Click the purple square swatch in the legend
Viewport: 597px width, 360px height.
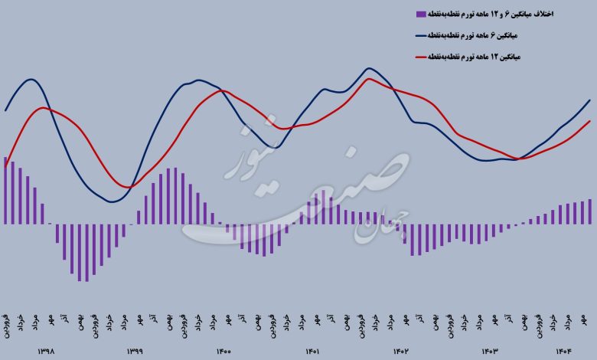click(x=419, y=14)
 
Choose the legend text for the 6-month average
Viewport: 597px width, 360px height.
click(x=501, y=36)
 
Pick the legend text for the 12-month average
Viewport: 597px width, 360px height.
click(x=501, y=57)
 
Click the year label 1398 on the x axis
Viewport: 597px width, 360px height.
click(x=46, y=352)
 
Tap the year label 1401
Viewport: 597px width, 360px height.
click(x=312, y=352)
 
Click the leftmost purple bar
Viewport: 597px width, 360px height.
click(x=5, y=191)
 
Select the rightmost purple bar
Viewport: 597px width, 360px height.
click(x=590, y=212)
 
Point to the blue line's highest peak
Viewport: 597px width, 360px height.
click(x=369, y=68)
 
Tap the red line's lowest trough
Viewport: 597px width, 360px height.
click(x=130, y=187)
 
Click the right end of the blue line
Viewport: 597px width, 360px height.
click(x=590, y=100)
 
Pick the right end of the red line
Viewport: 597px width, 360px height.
click(x=590, y=120)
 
